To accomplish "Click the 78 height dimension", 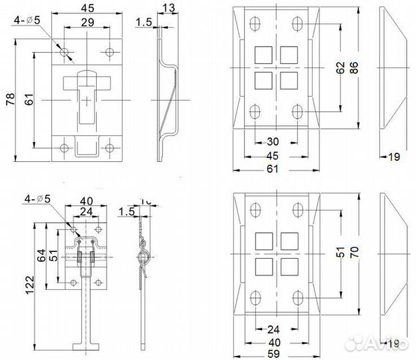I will [9, 100].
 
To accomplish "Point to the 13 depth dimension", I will [167, 7].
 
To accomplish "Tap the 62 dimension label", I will [341, 68].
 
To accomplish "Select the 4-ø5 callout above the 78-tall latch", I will [28, 21].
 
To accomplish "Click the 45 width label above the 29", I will [87, 8].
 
